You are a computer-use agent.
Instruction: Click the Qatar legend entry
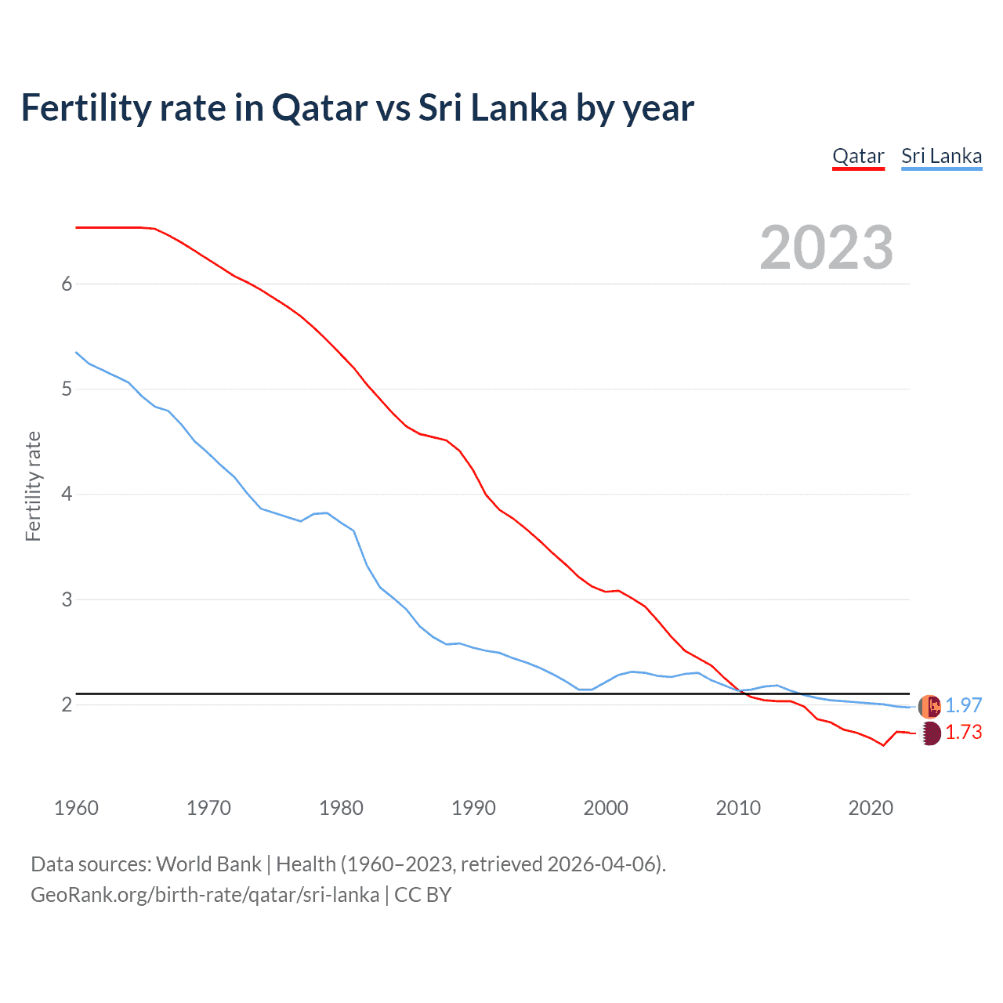click(x=858, y=156)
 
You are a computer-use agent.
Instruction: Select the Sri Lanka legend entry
click(x=941, y=156)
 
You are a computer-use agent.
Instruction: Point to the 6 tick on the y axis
click(x=67, y=284)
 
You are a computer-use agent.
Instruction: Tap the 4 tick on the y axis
click(x=67, y=494)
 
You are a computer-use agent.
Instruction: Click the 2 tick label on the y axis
click(x=67, y=705)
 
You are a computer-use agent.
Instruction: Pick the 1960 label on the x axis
click(x=76, y=808)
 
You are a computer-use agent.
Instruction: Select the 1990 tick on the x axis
click(x=473, y=808)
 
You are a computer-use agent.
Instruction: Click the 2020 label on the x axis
click(x=871, y=808)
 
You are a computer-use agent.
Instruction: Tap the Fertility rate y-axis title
click(x=33, y=486)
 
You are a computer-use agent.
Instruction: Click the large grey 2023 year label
click(x=827, y=248)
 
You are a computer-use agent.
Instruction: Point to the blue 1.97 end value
click(x=963, y=705)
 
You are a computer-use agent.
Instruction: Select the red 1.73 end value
click(x=963, y=732)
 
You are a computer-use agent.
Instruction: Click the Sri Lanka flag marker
click(x=929, y=706)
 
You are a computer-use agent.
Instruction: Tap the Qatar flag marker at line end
click(x=929, y=733)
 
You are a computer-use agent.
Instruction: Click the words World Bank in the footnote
click(x=208, y=864)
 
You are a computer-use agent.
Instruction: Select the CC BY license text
click(x=423, y=895)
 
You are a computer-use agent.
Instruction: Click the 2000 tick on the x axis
click(x=606, y=808)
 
